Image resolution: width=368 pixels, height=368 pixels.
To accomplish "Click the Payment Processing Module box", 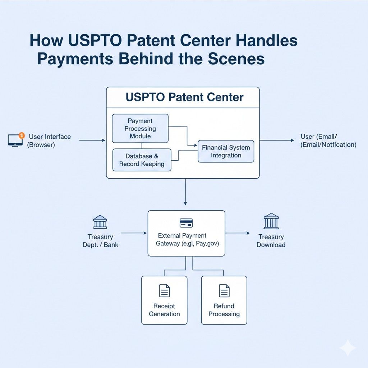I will click(x=140, y=128).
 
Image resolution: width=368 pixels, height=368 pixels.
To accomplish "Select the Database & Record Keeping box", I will click(x=142, y=160).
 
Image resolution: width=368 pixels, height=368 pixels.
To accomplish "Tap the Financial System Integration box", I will click(x=226, y=151).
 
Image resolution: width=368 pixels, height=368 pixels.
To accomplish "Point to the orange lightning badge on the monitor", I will click(x=21, y=135).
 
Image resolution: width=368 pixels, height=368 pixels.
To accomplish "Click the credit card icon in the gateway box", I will click(x=186, y=223).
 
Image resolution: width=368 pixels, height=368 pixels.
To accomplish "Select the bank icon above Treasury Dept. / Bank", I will click(x=100, y=222).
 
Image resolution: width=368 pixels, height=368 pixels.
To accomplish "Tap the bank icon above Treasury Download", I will click(x=271, y=221).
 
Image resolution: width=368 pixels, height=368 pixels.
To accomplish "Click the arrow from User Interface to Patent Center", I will click(x=92, y=140).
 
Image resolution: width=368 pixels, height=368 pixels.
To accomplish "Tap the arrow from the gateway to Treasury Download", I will click(x=237, y=233).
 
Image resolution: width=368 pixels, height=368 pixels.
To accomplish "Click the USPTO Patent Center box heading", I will click(x=185, y=97).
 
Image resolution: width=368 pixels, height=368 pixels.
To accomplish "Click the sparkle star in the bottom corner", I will click(x=348, y=348).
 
